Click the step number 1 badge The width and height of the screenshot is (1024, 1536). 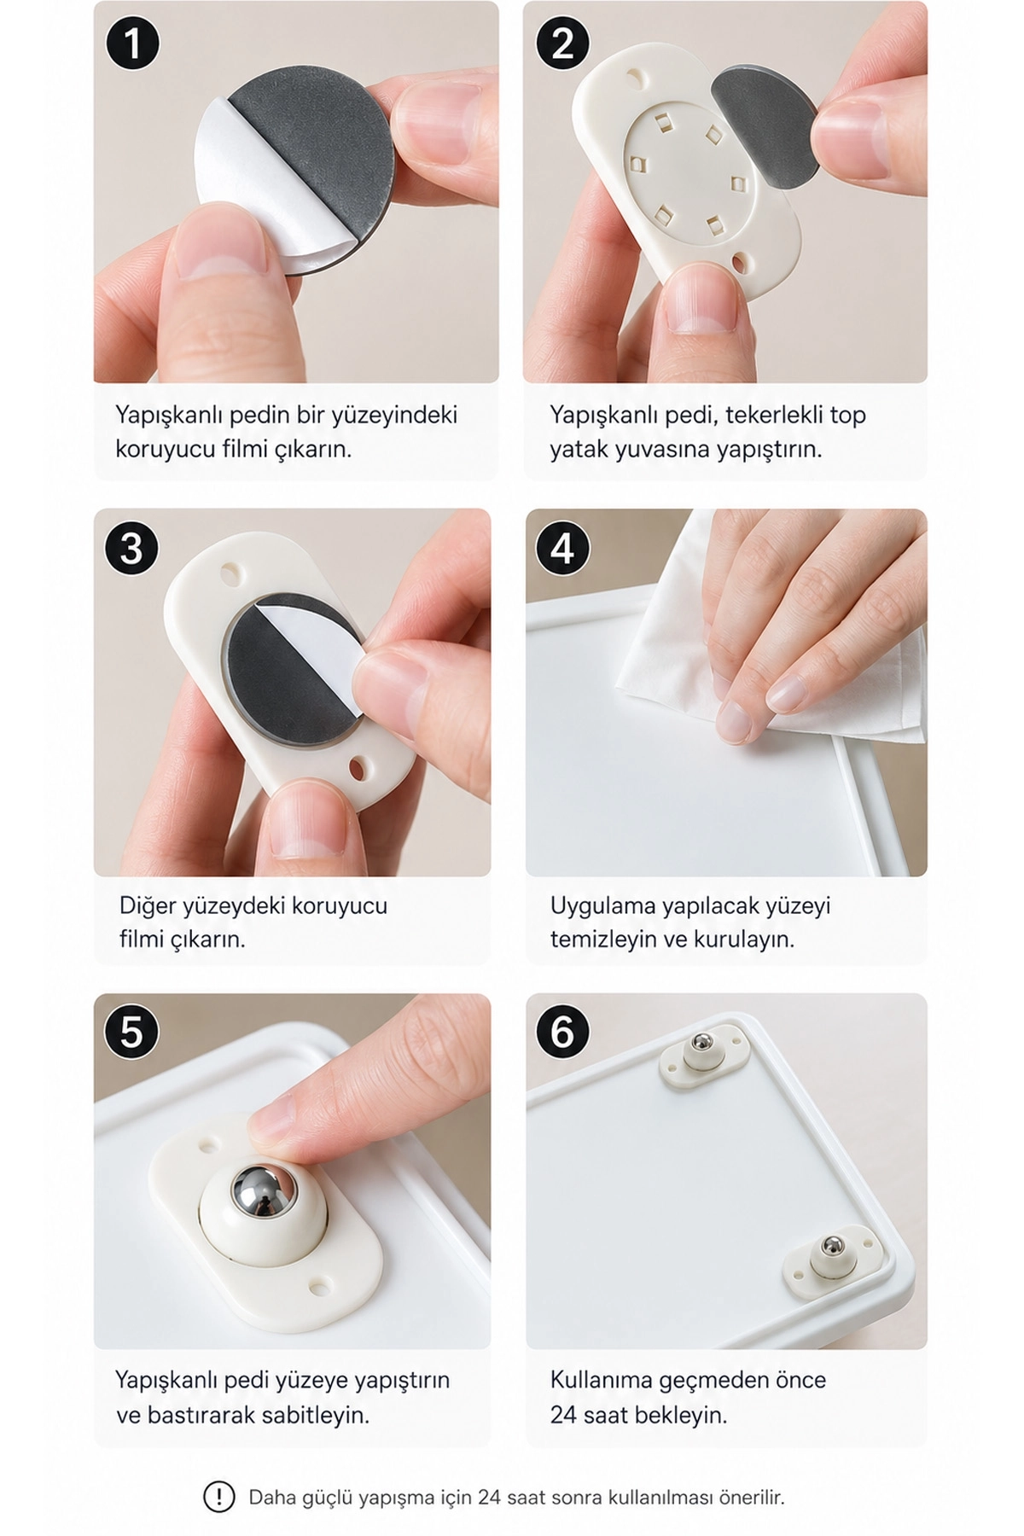(132, 44)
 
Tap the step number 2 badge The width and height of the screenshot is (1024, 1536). (562, 44)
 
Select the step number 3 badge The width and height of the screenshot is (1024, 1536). (131, 548)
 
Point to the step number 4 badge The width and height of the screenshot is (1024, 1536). (562, 548)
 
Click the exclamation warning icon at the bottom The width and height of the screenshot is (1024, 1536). (219, 1497)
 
